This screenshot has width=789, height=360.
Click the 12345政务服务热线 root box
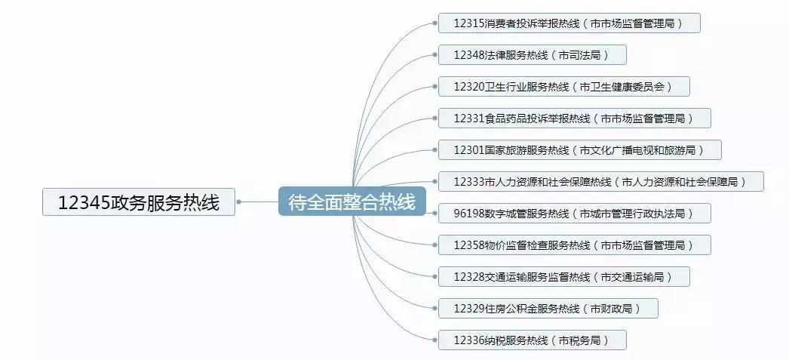coord(139,202)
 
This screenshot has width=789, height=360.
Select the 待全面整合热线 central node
coord(352,202)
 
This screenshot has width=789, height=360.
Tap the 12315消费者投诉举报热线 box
coord(569,23)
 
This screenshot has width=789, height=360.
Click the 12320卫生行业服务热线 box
coord(564,87)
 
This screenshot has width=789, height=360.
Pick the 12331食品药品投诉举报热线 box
coord(574,118)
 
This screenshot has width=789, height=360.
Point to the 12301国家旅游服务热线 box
coord(579,150)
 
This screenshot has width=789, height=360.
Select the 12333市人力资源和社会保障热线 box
coord(600,182)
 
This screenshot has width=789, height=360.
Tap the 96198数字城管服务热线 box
coord(575,214)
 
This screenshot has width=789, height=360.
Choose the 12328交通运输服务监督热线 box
coord(563,277)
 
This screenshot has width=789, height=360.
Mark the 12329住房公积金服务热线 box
coord(548,309)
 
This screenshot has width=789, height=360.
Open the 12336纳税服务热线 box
coord(532,340)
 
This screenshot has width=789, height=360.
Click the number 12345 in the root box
coord(84,202)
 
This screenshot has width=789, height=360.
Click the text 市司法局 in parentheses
coord(582,55)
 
